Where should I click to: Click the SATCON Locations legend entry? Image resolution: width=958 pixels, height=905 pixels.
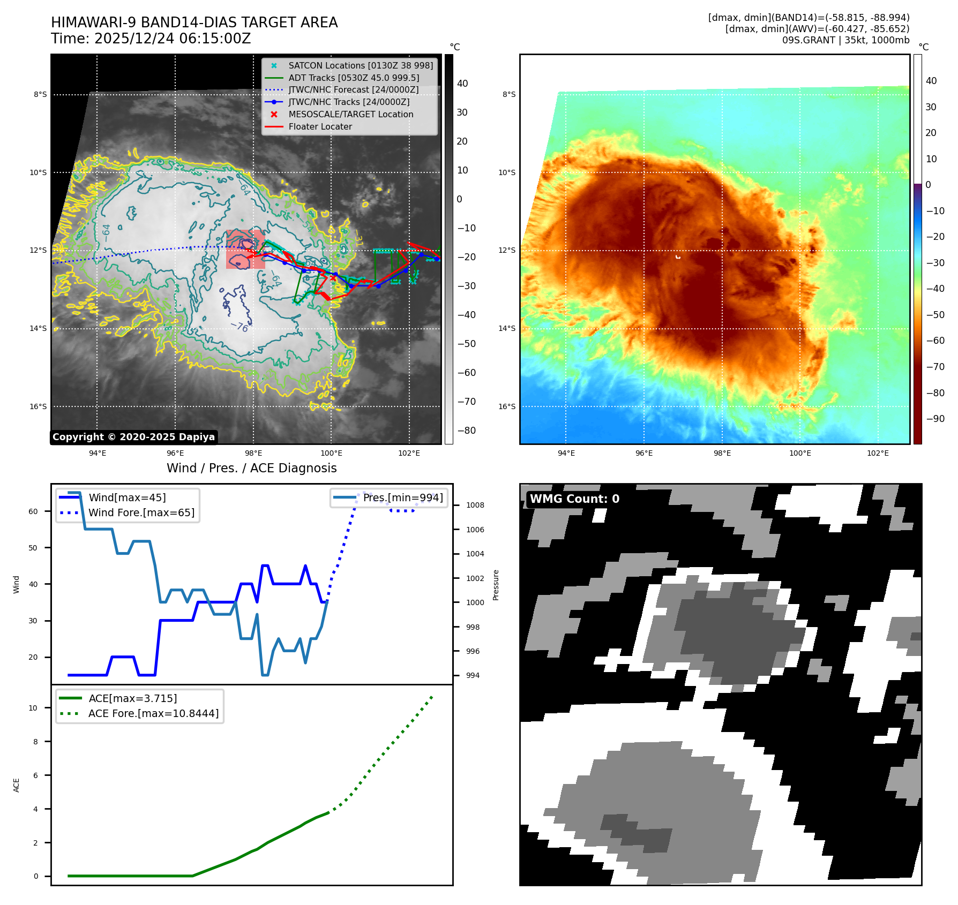click(x=360, y=66)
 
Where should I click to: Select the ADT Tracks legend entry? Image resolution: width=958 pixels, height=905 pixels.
click(x=354, y=78)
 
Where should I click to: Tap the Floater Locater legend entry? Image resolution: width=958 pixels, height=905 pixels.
click(x=320, y=127)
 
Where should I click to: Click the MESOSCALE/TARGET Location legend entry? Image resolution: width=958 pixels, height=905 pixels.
click(x=350, y=115)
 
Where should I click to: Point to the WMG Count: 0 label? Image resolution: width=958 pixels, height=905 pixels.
click(x=574, y=499)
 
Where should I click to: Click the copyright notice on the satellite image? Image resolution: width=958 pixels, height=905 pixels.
click(x=133, y=437)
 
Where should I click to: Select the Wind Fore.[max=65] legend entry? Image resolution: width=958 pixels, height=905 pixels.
click(x=141, y=513)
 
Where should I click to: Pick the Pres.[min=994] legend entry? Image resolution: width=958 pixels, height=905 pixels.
click(x=402, y=498)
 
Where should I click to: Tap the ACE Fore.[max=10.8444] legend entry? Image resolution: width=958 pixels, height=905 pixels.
click(x=153, y=714)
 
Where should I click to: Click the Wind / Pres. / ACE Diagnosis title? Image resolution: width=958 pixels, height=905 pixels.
click(x=251, y=469)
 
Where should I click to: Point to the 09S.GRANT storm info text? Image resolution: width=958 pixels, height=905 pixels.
click(x=845, y=40)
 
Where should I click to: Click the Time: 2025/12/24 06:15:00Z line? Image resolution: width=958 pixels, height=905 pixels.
click(x=151, y=39)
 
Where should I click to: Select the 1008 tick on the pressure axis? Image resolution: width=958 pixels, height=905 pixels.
click(x=475, y=506)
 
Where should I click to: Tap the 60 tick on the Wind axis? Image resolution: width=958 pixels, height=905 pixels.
click(x=33, y=512)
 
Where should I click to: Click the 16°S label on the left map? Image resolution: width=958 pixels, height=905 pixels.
click(x=38, y=407)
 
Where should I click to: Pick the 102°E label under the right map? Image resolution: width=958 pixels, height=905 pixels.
click(x=878, y=454)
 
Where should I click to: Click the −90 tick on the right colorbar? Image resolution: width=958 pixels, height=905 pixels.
click(x=935, y=419)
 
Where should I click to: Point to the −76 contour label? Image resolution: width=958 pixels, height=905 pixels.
click(x=239, y=327)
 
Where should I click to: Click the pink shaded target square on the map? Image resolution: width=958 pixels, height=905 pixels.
click(x=245, y=250)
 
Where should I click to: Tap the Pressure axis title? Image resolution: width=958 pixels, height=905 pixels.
click(x=496, y=585)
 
